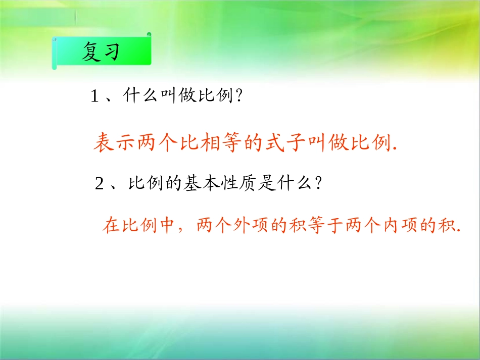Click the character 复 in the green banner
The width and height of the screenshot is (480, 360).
point(92,53)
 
